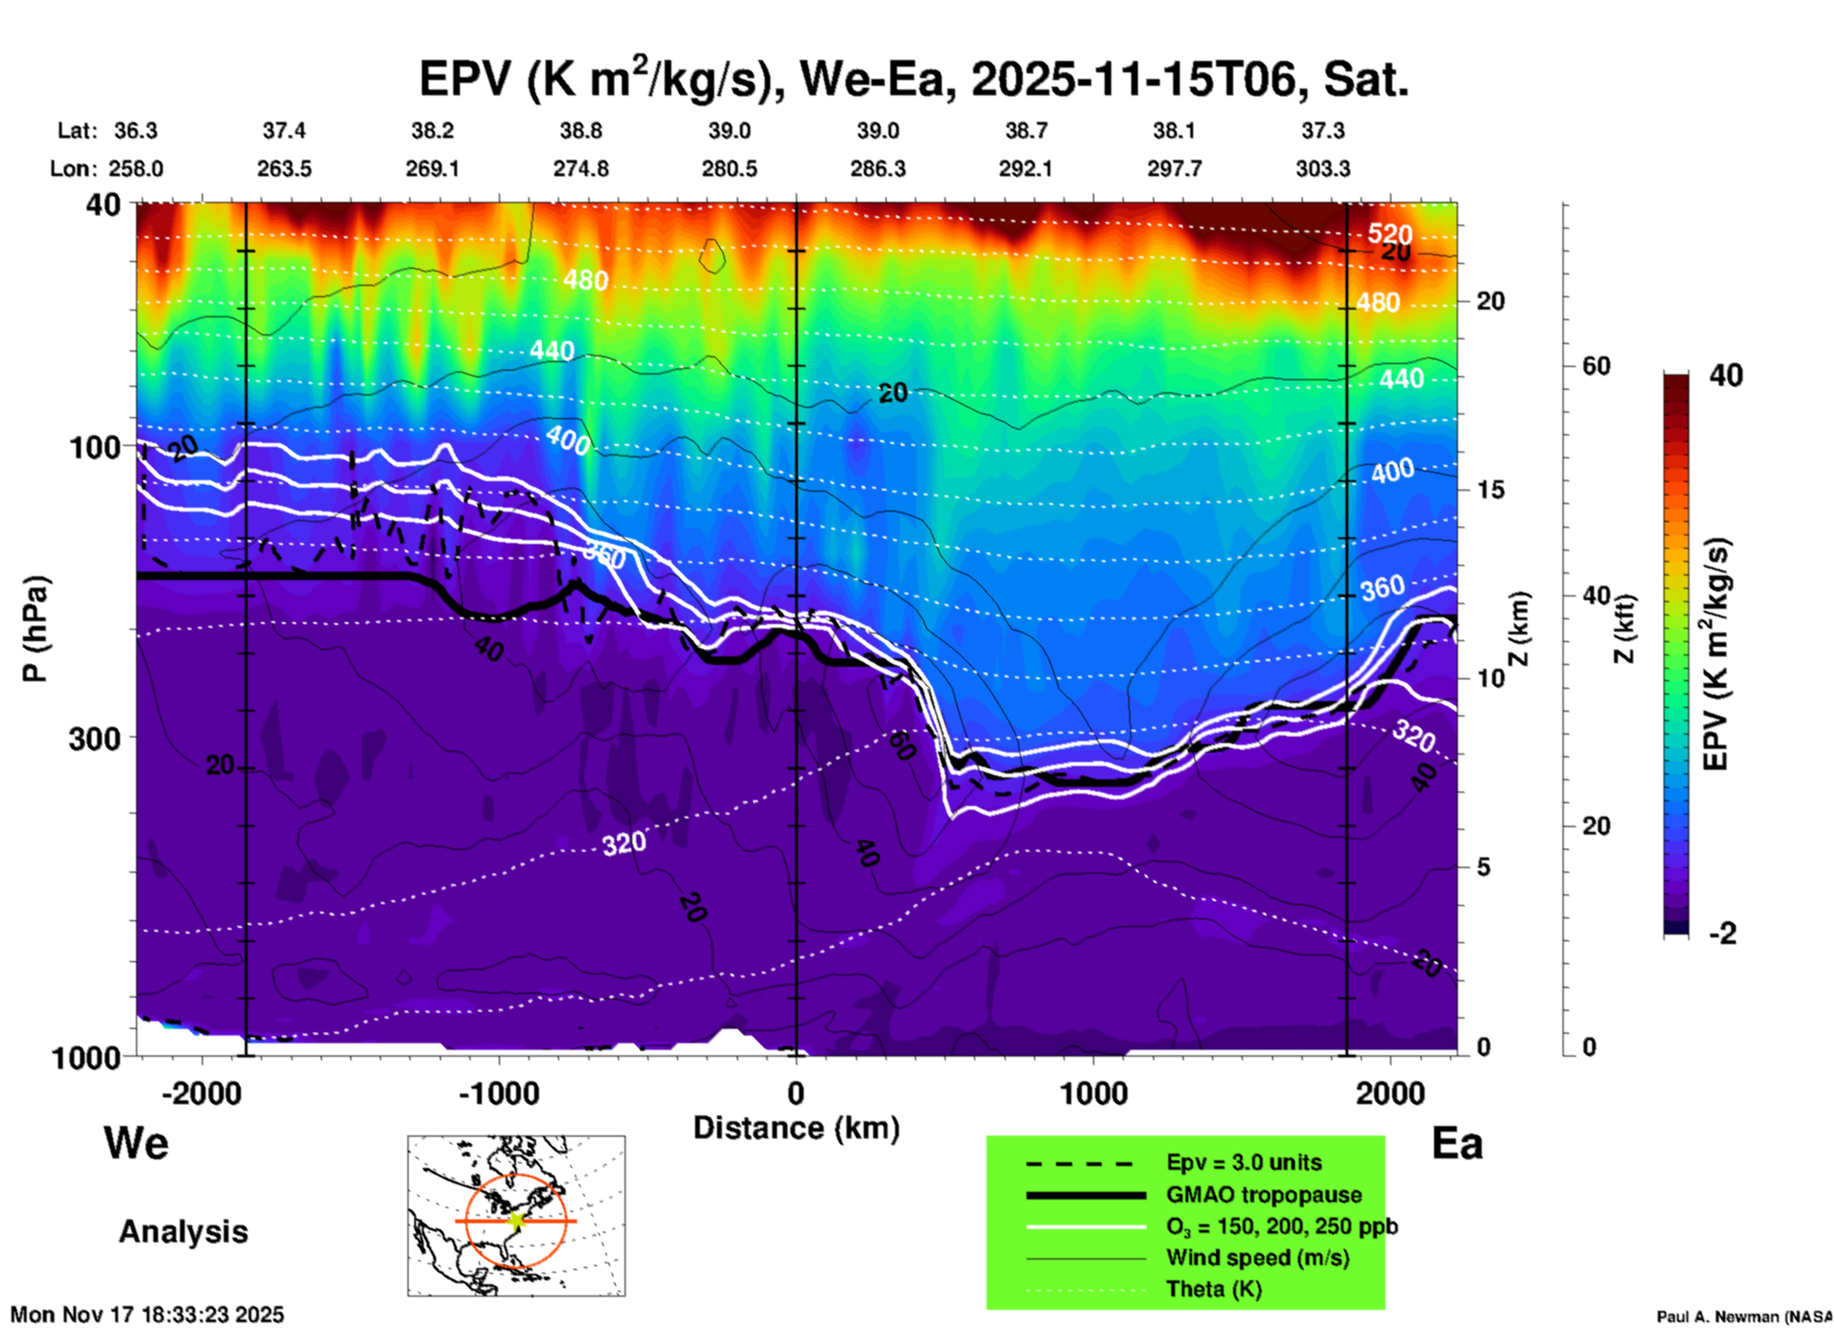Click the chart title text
coord(913,80)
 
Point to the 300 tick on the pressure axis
coord(95,738)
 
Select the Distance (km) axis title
coord(796,1128)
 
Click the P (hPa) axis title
coord(35,629)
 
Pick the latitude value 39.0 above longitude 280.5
coord(729,131)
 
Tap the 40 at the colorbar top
coord(1725,375)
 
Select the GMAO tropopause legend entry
coord(1264,1195)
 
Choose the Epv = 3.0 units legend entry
coord(1244,1162)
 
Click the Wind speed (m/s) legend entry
coord(1257,1258)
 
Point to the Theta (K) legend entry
coord(1213,1289)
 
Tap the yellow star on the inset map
coord(517,1220)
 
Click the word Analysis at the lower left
coord(183,1232)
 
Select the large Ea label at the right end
coord(1457,1144)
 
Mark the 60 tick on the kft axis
coord(1596,366)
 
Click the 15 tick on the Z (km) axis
coord(1490,490)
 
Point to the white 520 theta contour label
coord(1390,233)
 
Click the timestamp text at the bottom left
coord(147,1315)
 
